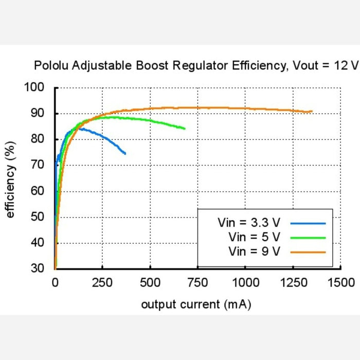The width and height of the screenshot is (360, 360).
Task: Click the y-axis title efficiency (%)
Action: pyautogui.click(x=10, y=178)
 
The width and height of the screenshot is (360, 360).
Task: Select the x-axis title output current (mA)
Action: pyautogui.click(x=196, y=304)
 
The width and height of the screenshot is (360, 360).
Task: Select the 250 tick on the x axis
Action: pyautogui.click(x=102, y=282)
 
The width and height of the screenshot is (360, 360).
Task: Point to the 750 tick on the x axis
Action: pyautogui.click(x=197, y=282)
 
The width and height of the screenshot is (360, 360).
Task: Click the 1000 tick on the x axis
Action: pyautogui.click(x=245, y=282)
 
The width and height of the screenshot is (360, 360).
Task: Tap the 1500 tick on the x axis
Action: pyautogui.click(x=340, y=282)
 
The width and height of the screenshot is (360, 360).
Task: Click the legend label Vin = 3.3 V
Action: pyautogui.click(x=249, y=223)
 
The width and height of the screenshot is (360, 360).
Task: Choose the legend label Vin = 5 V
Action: pyautogui.click(x=255, y=237)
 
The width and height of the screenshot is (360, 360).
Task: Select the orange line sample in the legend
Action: pyautogui.click(x=308, y=251)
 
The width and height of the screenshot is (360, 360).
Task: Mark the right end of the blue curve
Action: pyautogui.click(x=125, y=153)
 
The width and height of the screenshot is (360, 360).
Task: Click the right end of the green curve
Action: pyautogui.click(x=185, y=129)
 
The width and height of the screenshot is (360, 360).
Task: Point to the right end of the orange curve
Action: pyautogui.click(x=312, y=111)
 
